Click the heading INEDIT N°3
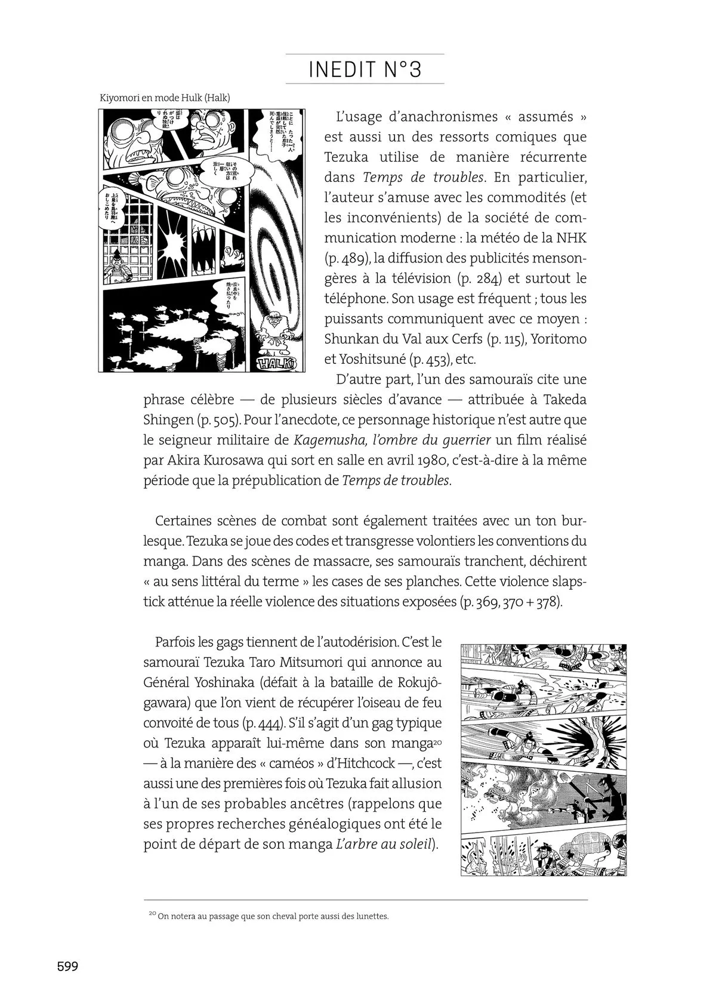coord(365,70)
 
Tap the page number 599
coord(67,966)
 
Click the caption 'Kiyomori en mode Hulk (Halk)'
coord(164,97)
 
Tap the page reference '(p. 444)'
coord(263,723)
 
